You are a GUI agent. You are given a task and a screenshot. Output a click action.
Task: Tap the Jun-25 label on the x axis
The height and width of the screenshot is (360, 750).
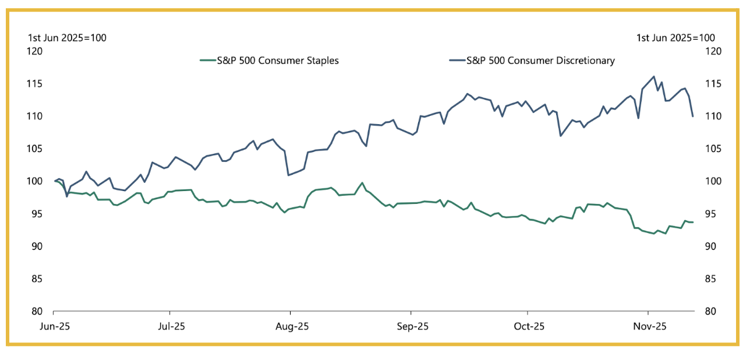[x=56, y=326]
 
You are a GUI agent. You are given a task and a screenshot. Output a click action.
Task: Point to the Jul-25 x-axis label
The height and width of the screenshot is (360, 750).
[x=172, y=326]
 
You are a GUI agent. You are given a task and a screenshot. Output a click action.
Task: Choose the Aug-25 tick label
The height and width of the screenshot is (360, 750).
[x=292, y=326]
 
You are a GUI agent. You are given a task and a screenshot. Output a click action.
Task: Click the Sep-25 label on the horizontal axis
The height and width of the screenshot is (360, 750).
[x=412, y=326]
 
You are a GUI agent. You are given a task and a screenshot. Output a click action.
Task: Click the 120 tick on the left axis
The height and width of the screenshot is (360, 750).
[x=36, y=51]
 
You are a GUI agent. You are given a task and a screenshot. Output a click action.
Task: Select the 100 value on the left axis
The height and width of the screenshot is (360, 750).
[x=36, y=181]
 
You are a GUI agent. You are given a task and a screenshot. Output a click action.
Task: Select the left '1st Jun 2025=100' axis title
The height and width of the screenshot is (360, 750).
[x=67, y=38]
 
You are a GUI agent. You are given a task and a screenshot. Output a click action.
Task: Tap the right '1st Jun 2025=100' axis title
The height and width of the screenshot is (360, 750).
[x=675, y=38]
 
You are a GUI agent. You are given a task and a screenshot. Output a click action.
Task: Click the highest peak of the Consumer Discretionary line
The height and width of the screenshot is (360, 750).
[x=654, y=76]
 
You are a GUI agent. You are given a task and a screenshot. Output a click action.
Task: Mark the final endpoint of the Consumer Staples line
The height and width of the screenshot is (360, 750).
[x=693, y=222]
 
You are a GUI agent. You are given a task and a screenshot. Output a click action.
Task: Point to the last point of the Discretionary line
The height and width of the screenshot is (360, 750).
[x=693, y=117]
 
